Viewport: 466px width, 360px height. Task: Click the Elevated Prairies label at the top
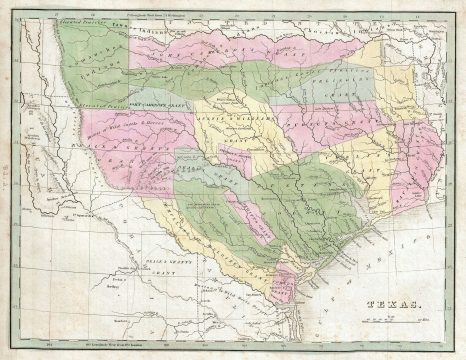pos(80,19)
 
